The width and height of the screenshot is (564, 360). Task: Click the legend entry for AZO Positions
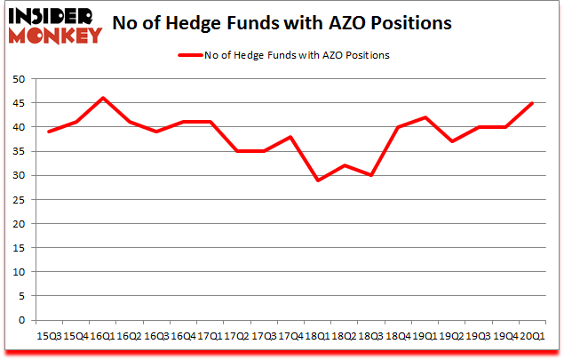[x=283, y=55]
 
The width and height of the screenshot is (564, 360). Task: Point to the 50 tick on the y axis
[x=17, y=79]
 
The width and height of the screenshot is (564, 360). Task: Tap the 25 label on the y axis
[x=17, y=199]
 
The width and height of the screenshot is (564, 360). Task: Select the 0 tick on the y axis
[x=20, y=320]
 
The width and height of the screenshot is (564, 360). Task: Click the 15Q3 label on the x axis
[x=49, y=336]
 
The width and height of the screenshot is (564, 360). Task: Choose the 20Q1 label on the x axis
[x=531, y=336]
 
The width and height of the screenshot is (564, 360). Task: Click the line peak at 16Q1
[x=103, y=98]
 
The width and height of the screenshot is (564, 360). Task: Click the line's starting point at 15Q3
[x=49, y=132]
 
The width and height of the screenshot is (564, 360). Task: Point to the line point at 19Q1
[x=425, y=117]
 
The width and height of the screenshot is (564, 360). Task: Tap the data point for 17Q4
[x=291, y=137]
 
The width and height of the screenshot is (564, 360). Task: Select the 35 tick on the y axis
[x=17, y=151]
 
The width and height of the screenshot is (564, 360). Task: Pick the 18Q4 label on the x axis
[x=398, y=336]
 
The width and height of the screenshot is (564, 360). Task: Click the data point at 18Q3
[x=371, y=175]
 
